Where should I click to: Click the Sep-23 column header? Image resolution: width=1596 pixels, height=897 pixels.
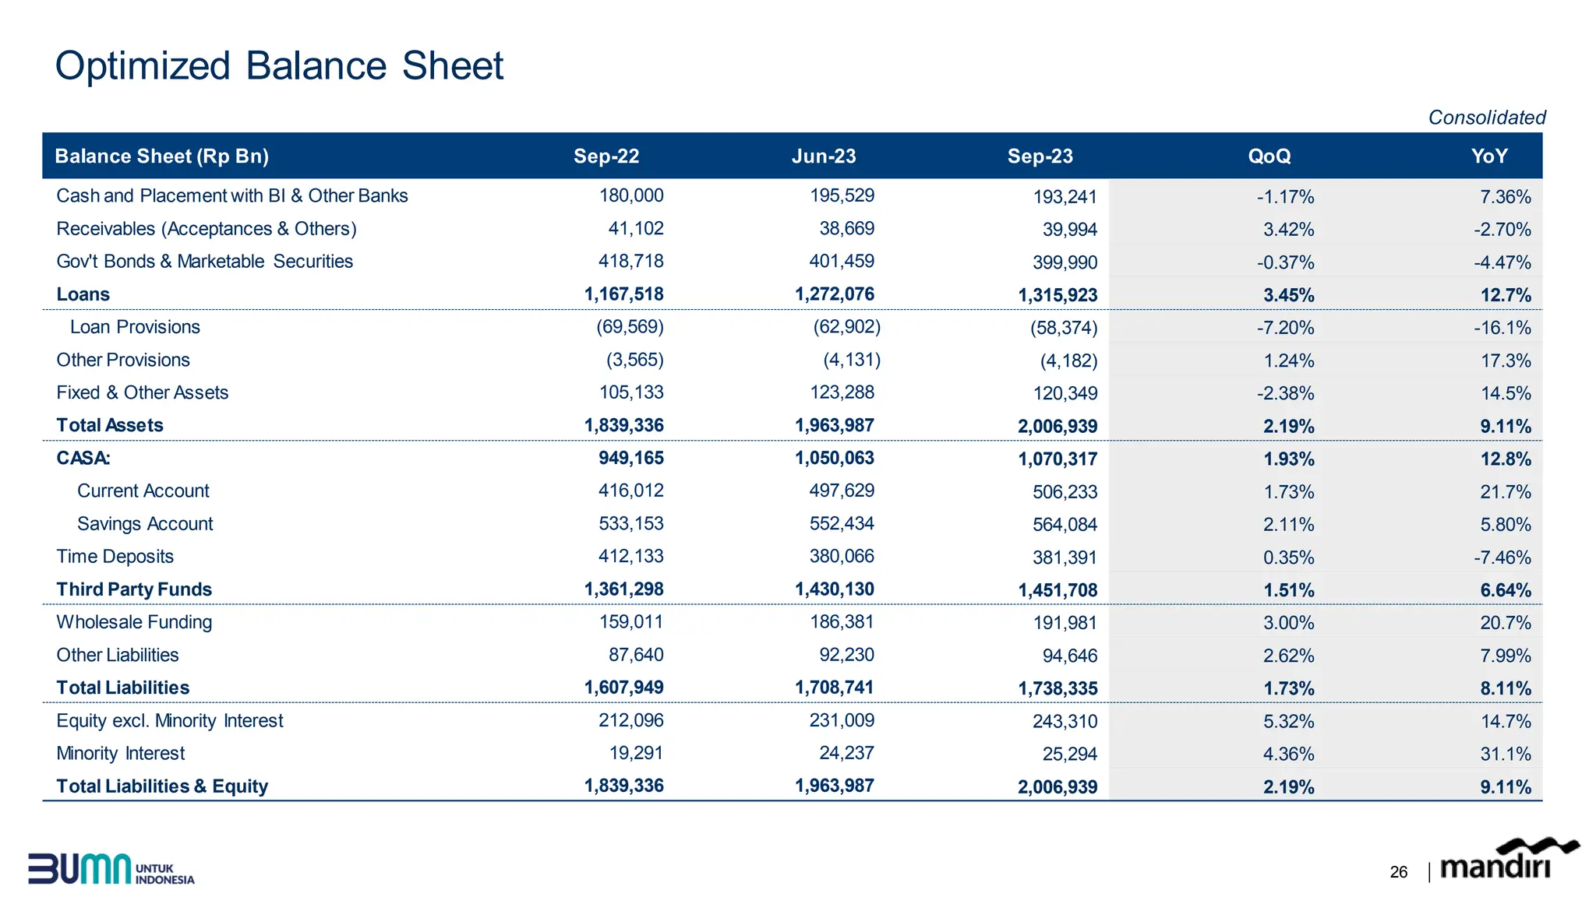(1040, 157)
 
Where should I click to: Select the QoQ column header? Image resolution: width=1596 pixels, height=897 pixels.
(1269, 157)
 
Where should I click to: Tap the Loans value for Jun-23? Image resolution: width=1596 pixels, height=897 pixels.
(834, 294)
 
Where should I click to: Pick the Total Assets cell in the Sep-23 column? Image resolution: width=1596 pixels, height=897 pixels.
(1057, 427)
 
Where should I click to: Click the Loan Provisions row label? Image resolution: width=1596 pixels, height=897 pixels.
(135, 327)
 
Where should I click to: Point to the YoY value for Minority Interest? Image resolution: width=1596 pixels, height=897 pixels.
(1505, 755)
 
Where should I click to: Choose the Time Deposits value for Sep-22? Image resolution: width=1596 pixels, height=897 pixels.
(630, 557)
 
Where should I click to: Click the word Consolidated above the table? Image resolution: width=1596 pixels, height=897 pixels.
(1486, 118)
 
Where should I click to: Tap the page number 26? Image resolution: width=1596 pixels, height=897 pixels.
(1398, 872)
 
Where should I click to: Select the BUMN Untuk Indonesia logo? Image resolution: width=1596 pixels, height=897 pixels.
(111, 869)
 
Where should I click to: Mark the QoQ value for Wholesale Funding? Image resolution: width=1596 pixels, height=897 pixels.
(1288, 623)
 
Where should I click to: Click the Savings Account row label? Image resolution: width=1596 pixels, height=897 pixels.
(145, 524)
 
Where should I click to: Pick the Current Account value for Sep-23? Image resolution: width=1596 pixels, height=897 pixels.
(1065, 492)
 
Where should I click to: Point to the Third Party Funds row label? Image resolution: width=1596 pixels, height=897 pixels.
(134, 589)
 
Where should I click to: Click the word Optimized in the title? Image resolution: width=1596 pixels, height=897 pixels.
(143, 65)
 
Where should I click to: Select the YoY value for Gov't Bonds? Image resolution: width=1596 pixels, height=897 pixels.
(1502, 263)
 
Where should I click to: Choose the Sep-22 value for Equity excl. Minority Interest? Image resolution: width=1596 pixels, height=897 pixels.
(630, 721)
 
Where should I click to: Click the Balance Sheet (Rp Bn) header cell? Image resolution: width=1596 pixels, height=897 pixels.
(161, 157)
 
